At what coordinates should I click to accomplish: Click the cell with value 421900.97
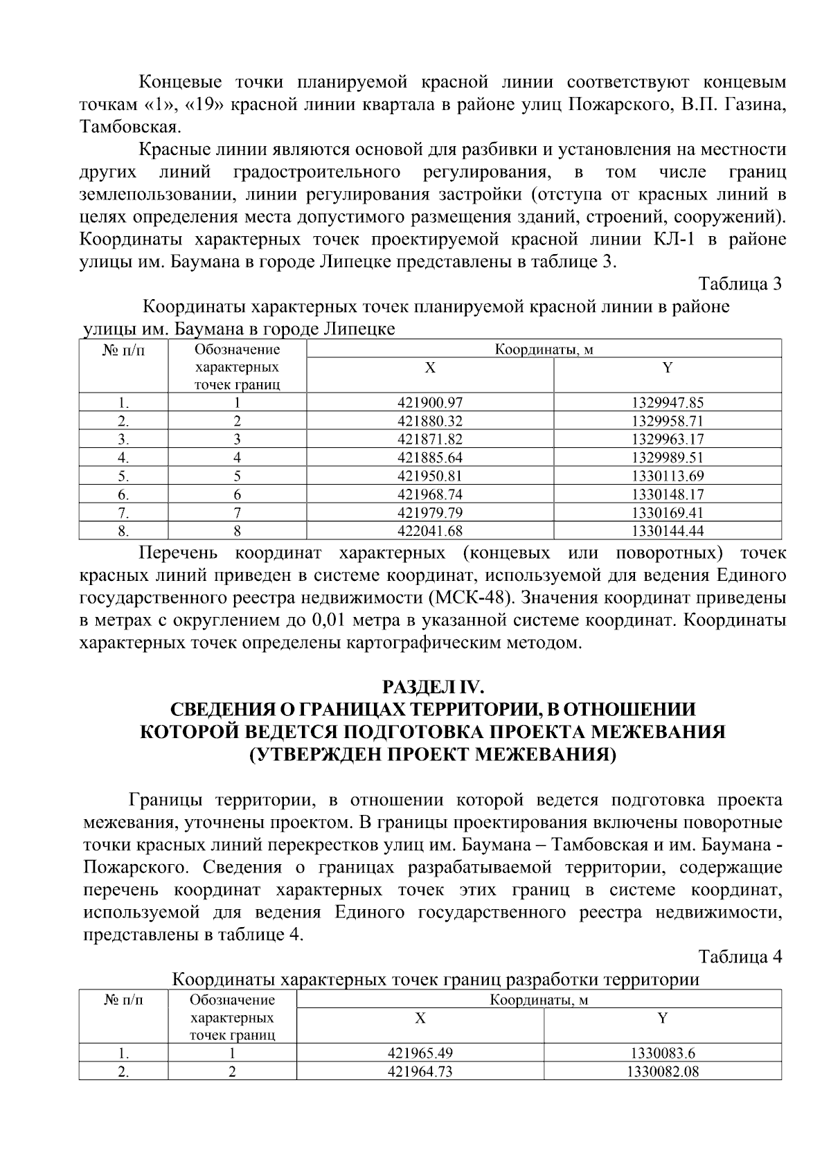(x=429, y=402)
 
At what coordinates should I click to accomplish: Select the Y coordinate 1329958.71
(x=667, y=421)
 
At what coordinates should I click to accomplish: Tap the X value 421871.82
(x=429, y=439)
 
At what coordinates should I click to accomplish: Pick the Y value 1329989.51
(x=667, y=458)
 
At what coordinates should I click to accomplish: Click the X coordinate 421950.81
(x=429, y=476)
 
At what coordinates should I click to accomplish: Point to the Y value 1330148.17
(x=667, y=494)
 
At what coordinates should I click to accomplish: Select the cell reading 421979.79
(x=429, y=513)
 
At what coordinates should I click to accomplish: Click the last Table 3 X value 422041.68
(x=429, y=531)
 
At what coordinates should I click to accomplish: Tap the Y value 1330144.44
(x=667, y=531)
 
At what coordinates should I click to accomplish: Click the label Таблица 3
(x=740, y=285)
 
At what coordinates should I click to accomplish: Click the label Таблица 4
(x=740, y=957)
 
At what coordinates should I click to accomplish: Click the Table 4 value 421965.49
(x=420, y=1054)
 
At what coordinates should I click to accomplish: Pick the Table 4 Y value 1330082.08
(x=662, y=1072)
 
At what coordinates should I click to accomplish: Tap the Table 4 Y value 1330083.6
(x=662, y=1054)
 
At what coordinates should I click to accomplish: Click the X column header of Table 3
(x=429, y=368)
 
